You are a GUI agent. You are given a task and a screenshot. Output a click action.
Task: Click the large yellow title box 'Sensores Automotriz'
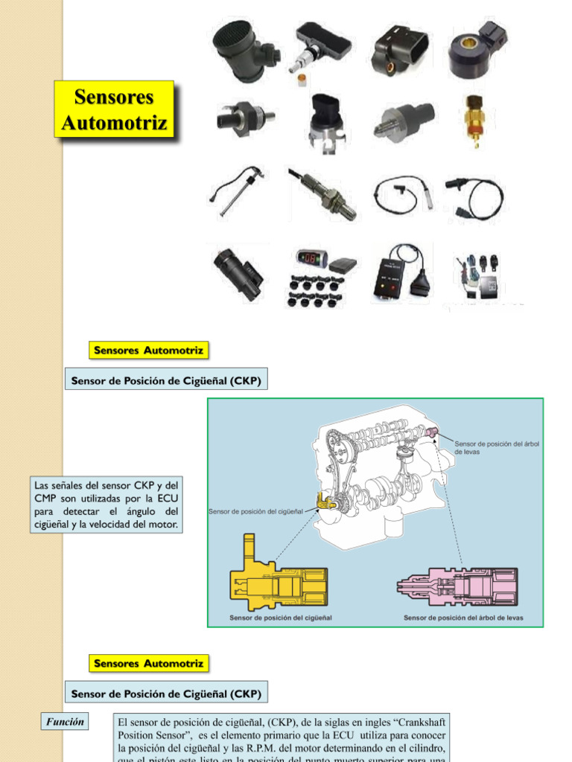pos(115,109)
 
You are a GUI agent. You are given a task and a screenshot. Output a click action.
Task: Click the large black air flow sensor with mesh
pos(243,46)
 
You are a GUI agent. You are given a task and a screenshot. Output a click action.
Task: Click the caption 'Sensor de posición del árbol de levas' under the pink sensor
pos(463,618)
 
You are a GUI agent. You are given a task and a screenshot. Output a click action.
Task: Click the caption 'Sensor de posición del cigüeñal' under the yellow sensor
pos(281,618)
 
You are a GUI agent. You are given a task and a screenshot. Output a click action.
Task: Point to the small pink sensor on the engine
pos(431,433)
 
